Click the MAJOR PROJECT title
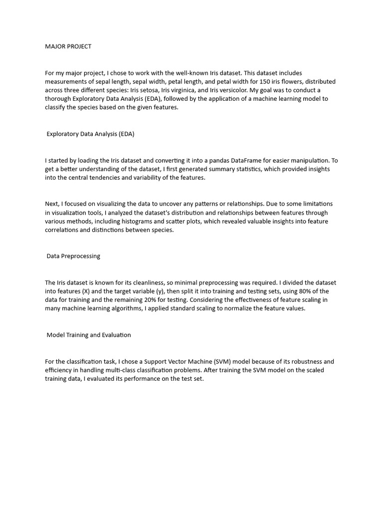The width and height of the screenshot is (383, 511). click(x=68, y=46)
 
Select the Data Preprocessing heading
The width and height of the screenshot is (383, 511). click(x=73, y=256)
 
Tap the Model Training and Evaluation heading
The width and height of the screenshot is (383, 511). click(x=89, y=335)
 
